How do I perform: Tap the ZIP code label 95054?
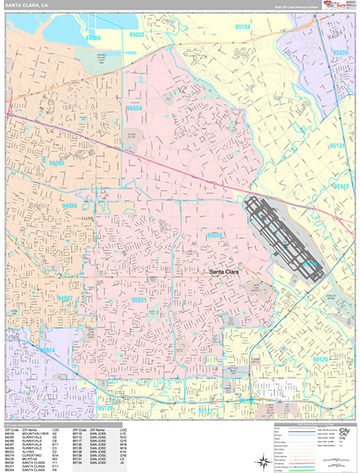click(133, 107)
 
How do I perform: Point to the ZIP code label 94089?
click(94, 37)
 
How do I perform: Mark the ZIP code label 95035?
click(340, 52)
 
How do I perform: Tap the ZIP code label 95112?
click(340, 187)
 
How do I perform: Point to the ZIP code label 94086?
click(69, 206)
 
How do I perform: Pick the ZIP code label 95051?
click(141, 300)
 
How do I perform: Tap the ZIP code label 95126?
click(320, 359)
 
